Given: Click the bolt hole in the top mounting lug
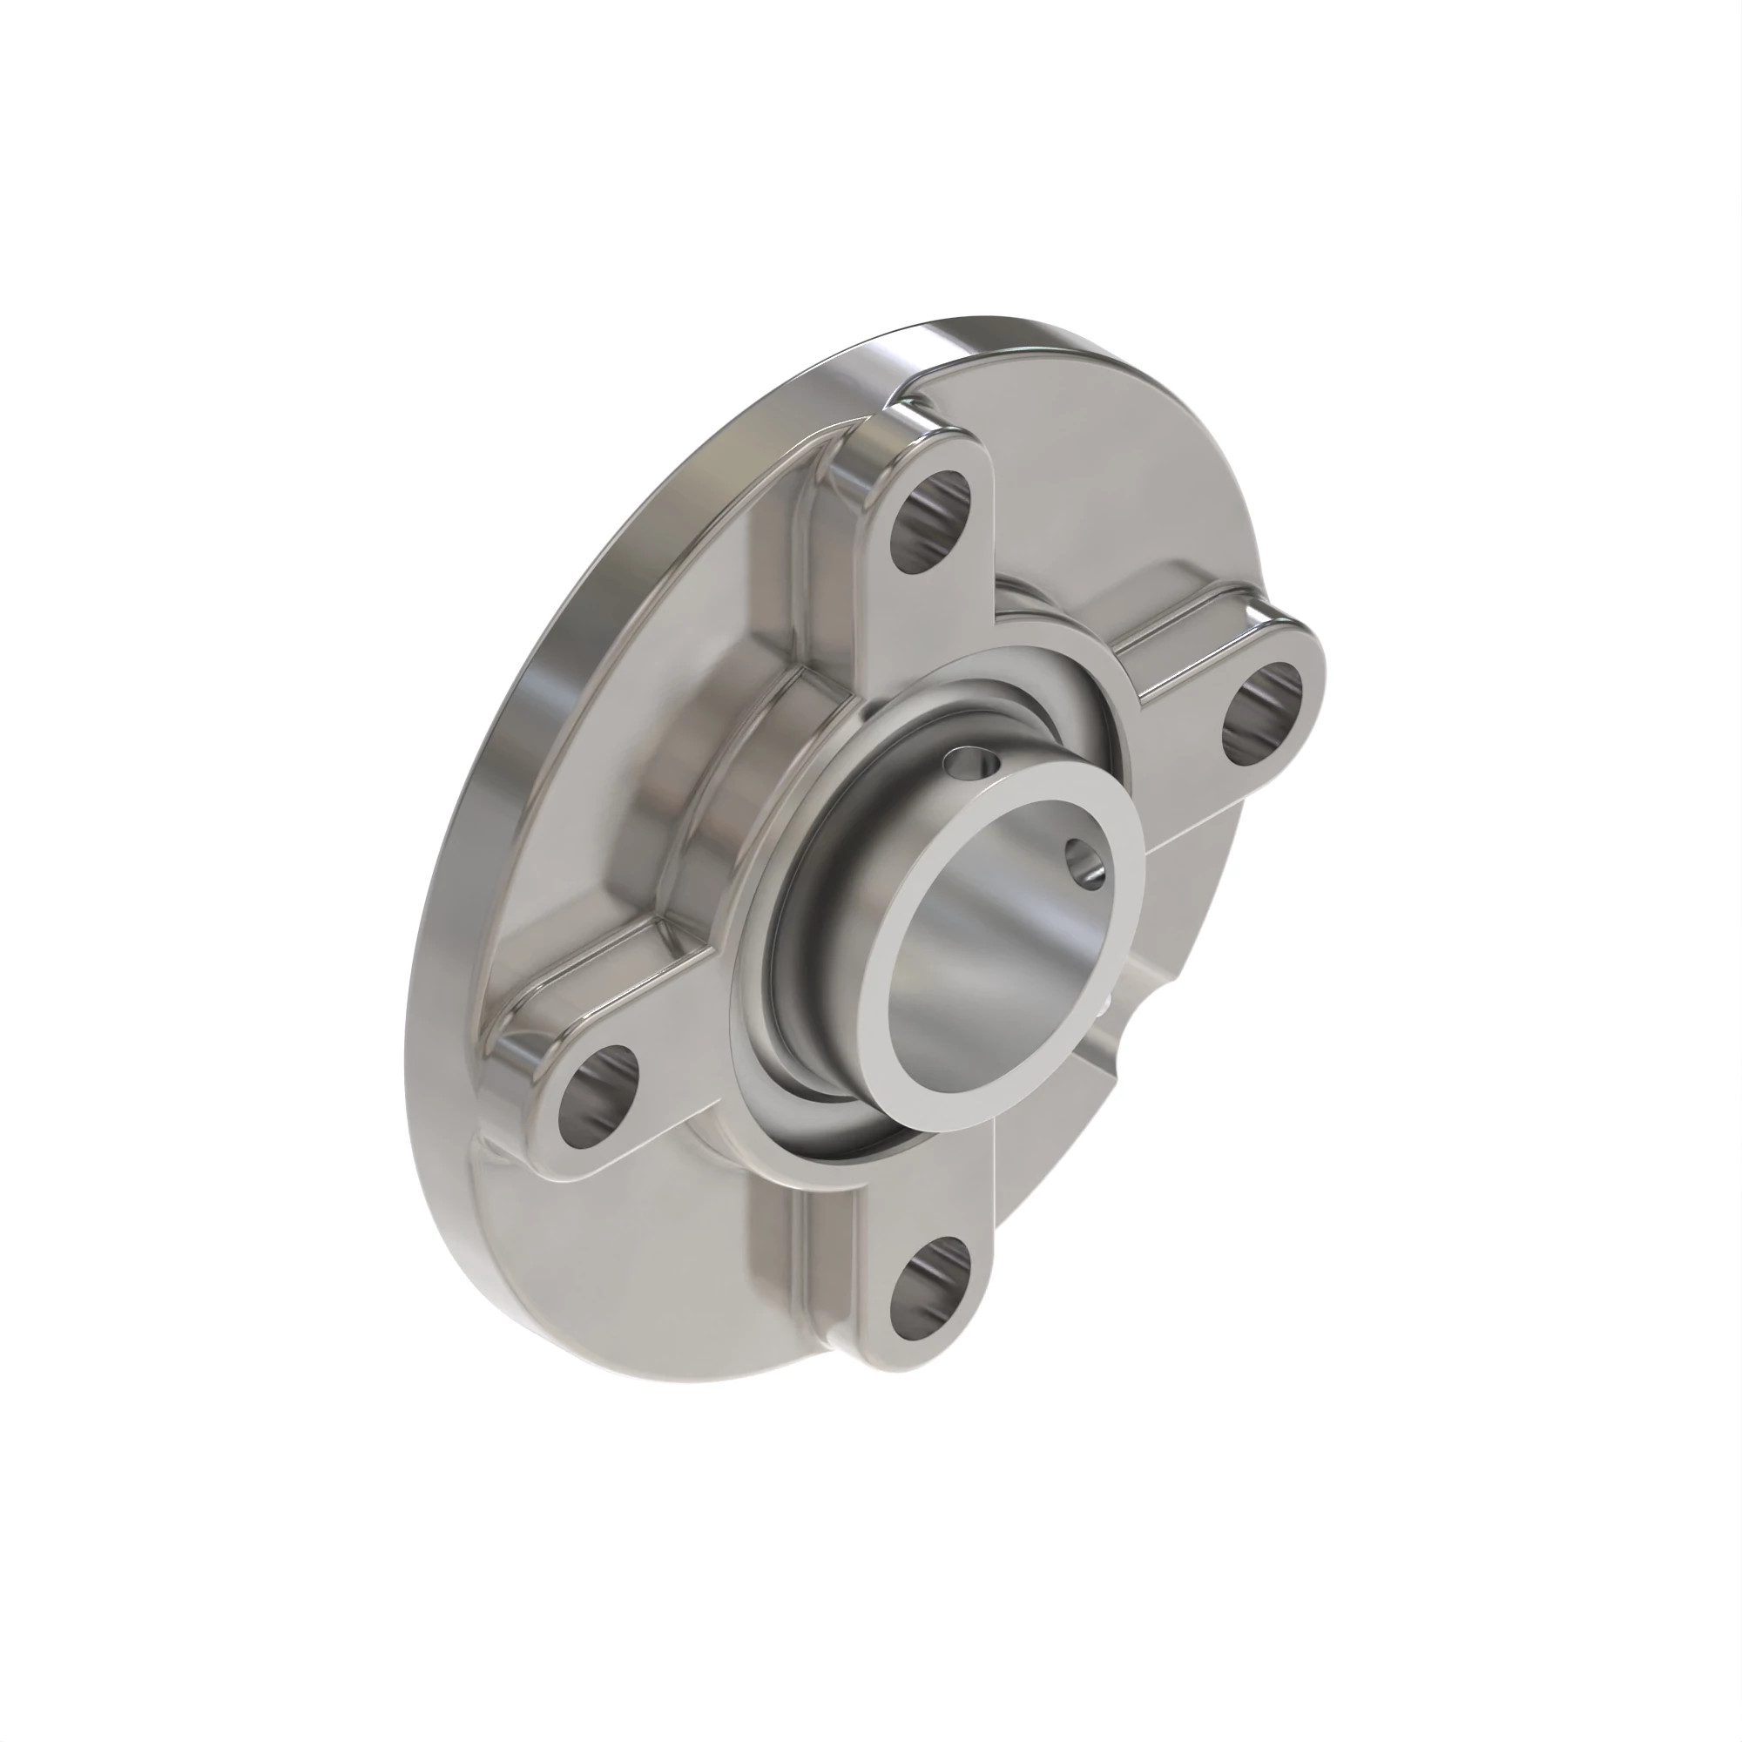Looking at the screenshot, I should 931,523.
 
